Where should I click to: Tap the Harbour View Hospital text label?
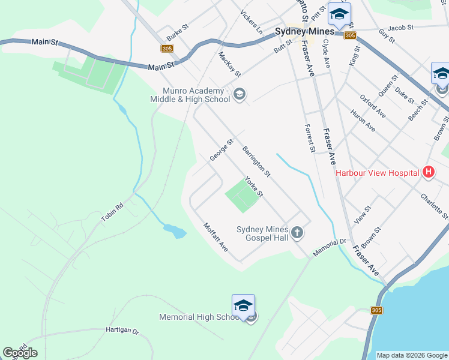(x=377, y=173)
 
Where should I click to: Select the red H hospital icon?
(x=428, y=173)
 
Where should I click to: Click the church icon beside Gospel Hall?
(x=297, y=232)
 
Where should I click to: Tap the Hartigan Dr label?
(x=122, y=331)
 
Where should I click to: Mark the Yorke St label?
(x=254, y=187)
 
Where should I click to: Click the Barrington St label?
(x=257, y=161)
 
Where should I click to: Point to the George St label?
(x=221, y=150)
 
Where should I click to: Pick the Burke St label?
(x=178, y=28)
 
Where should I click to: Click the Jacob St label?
(x=400, y=28)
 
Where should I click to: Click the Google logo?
(x=20, y=353)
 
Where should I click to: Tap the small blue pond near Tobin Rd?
(x=175, y=230)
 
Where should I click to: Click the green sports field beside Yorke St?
(x=241, y=196)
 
